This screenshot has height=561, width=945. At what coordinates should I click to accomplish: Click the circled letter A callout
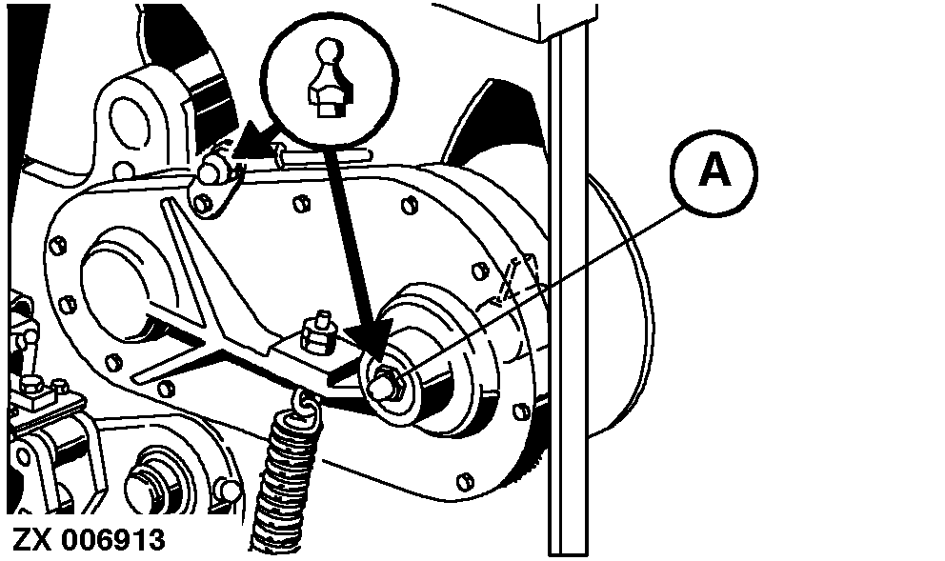click(x=714, y=173)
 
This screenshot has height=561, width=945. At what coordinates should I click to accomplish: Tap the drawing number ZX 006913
click(x=89, y=539)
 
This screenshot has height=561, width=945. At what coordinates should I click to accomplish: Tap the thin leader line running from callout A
click(x=542, y=289)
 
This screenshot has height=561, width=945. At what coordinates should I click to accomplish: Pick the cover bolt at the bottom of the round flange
click(x=465, y=481)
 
